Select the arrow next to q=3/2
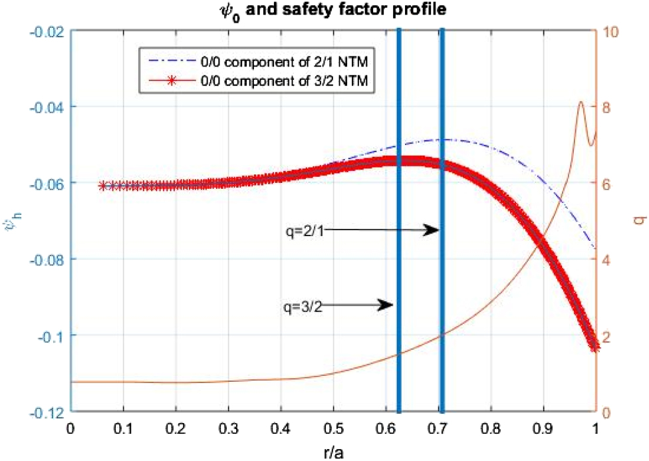point(358,306)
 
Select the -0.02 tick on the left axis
point(45,31)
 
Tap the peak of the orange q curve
point(581,102)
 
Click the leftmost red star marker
point(102,186)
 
